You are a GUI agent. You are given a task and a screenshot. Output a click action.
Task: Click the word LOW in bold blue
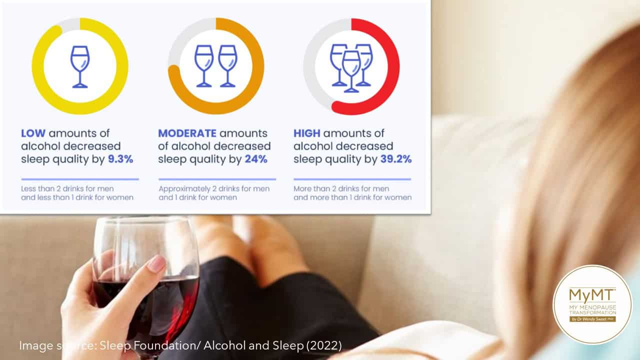(33, 133)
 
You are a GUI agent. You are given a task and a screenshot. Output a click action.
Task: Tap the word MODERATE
(187, 133)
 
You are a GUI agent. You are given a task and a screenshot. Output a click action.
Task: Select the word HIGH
(307, 133)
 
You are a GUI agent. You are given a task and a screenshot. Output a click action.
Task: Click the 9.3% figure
(120, 159)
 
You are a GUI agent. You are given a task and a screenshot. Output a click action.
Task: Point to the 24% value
(256, 159)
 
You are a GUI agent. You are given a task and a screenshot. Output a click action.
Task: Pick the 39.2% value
(396, 159)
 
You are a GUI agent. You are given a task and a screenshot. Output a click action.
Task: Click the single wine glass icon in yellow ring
(80, 67)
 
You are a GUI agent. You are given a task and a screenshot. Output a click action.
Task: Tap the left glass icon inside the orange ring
(203, 66)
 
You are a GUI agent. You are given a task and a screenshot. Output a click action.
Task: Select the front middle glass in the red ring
(351, 71)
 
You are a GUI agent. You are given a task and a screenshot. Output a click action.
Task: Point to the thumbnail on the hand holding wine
(157, 263)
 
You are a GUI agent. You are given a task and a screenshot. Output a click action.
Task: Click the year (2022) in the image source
(324, 345)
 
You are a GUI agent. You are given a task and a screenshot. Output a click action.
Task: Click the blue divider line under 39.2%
(352, 179)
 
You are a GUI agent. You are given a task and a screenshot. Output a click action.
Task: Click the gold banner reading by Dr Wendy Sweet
(592, 319)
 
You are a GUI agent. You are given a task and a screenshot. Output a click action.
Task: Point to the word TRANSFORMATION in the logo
(592, 312)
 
